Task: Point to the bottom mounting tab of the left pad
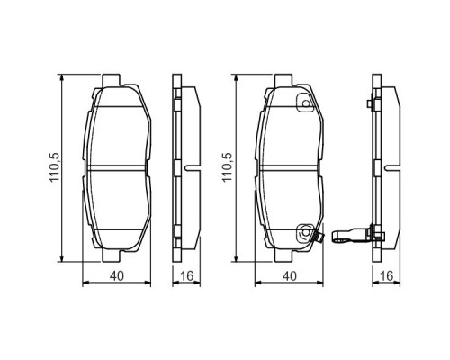coord(116,253)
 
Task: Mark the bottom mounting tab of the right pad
coord(287,253)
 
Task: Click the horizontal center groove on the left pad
coord(116,167)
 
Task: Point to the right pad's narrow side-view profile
coord(379,167)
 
